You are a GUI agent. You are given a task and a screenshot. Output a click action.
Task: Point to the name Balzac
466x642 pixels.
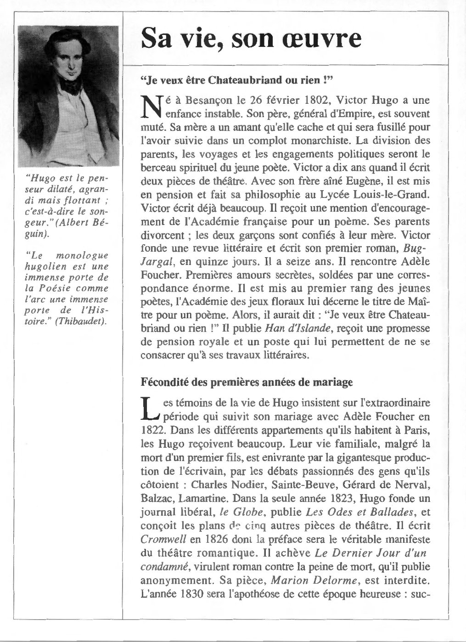pyautogui.click(x=157, y=498)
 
